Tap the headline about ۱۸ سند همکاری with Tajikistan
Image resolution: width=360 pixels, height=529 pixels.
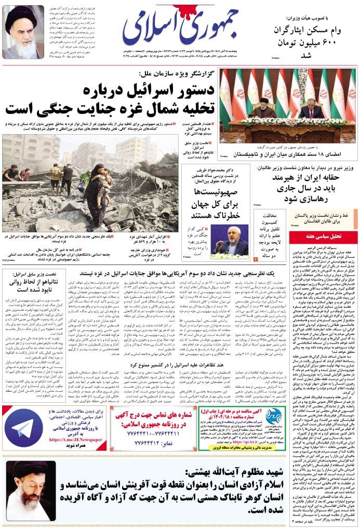pyautogui.click(x=288, y=154)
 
